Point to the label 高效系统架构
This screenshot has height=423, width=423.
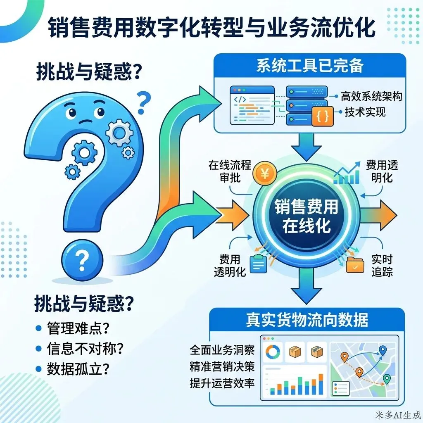click(371, 97)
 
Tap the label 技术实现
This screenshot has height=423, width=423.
click(366, 112)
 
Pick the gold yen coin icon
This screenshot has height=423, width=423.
click(264, 174)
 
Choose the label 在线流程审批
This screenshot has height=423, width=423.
click(230, 171)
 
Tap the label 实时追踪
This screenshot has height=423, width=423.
click(381, 265)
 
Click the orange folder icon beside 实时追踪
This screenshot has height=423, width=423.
click(355, 264)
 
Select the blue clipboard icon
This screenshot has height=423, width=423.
click(259, 264)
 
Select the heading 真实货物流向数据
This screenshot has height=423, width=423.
click(307, 321)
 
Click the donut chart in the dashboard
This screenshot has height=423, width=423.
click(273, 352)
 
